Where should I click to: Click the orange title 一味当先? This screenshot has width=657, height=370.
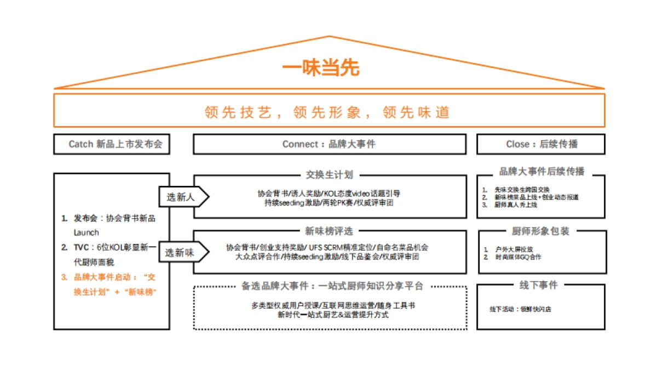pyautogui.click(x=321, y=69)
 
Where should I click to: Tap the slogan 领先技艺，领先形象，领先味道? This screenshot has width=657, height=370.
pyautogui.click(x=327, y=112)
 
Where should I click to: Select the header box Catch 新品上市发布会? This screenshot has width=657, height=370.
pyautogui.click(x=111, y=144)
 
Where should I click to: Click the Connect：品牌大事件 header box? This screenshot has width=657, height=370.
pyautogui.click(x=329, y=144)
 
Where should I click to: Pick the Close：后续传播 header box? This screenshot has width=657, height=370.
pyautogui.click(x=541, y=144)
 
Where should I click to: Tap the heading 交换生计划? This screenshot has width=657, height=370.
pyautogui.click(x=329, y=175)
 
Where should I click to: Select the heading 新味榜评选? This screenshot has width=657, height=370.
pyautogui.click(x=329, y=231)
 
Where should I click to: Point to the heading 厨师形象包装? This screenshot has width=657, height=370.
pyautogui.click(x=540, y=231)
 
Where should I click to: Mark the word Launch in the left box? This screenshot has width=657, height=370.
pyautogui.click(x=86, y=232)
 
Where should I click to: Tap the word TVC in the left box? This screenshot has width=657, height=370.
pyautogui.click(x=82, y=248)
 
